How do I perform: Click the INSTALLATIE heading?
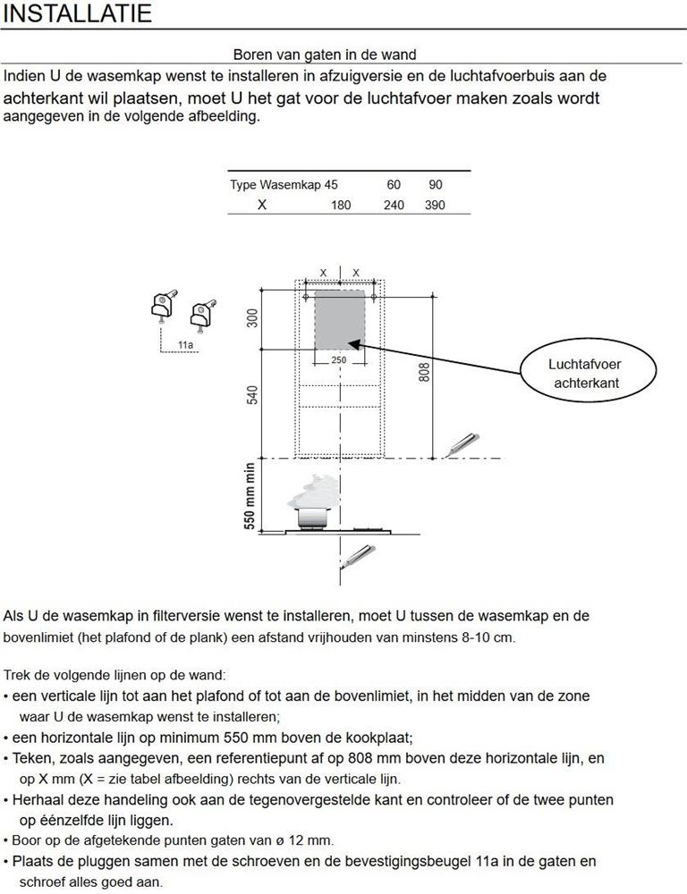tap(78, 13)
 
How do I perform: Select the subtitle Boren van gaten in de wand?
tap(325, 55)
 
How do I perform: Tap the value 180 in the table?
tap(341, 206)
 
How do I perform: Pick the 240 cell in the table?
tap(394, 206)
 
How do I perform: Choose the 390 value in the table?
tap(435, 206)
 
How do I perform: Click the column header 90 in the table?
tap(436, 185)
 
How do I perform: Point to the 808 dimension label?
tap(424, 372)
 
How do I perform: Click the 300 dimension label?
tap(252, 318)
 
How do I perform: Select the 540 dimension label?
tap(252, 395)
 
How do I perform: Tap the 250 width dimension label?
tap(339, 360)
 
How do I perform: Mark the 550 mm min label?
tap(250, 496)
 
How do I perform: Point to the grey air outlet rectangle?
tap(340, 320)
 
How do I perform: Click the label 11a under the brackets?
tap(185, 345)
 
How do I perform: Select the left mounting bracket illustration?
tap(165, 306)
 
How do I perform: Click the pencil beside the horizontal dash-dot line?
tap(462, 444)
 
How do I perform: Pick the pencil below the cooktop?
tap(358, 556)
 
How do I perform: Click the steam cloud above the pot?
tap(314, 492)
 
